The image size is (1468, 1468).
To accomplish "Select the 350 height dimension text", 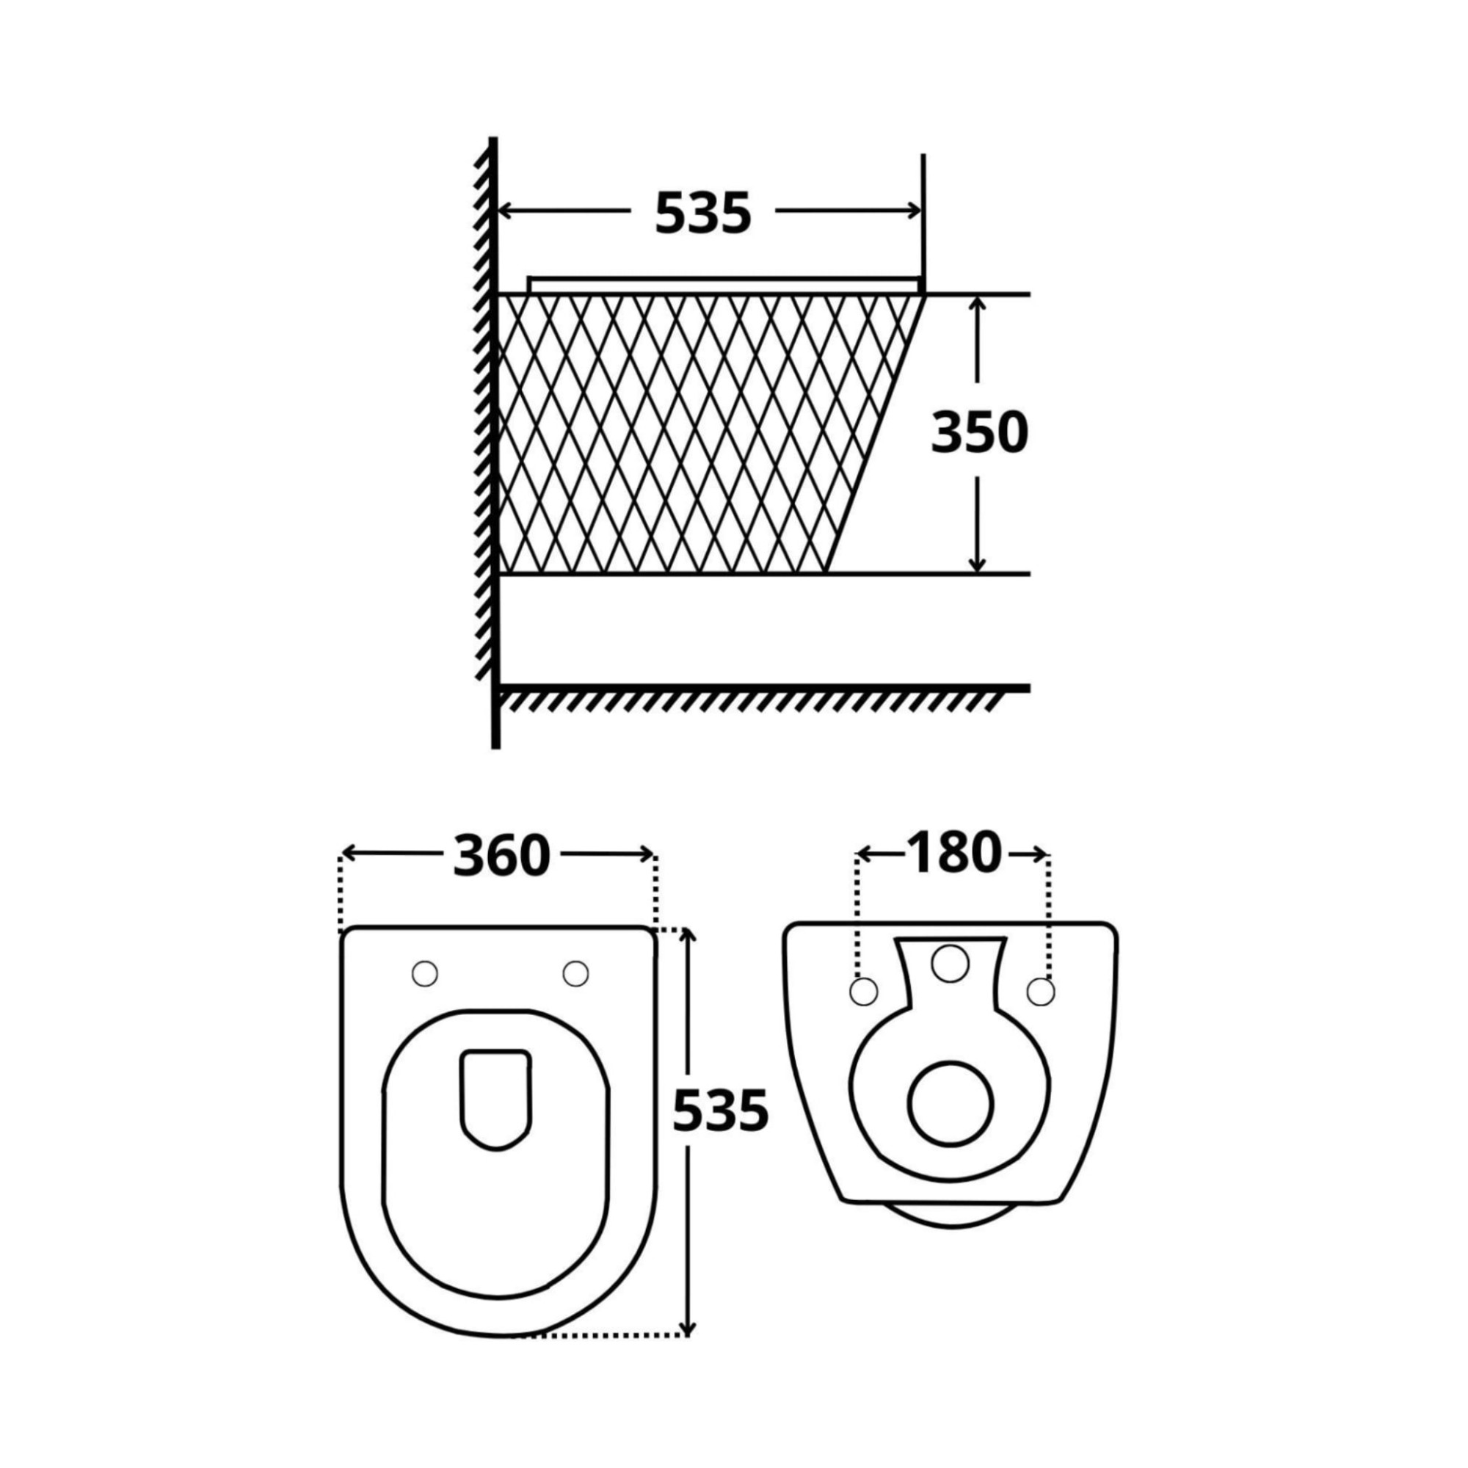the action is pyautogui.click(x=979, y=433).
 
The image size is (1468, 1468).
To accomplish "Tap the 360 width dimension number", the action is pyautogui.click(x=501, y=855).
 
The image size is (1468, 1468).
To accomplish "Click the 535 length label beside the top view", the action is pyautogui.click(x=721, y=1110).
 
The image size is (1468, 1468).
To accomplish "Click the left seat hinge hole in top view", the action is pyautogui.click(x=425, y=973).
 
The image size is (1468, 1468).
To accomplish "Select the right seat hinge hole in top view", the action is pyautogui.click(x=576, y=973).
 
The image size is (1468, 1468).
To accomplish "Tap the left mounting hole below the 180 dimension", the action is pyautogui.click(x=862, y=991).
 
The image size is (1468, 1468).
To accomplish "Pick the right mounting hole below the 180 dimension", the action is pyautogui.click(x=1041, y=991).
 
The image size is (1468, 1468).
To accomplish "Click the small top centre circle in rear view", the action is pyautogui.click(x=951, y=963).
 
